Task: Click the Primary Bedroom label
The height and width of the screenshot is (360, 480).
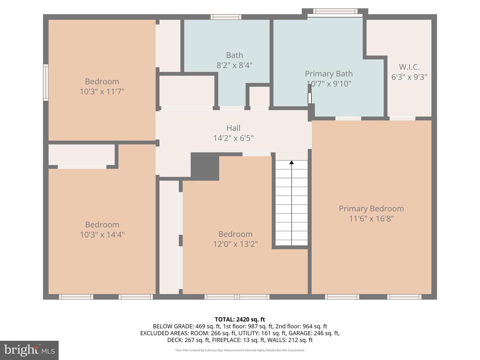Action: (x=371, y=209)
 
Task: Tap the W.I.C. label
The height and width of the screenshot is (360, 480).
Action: (x=409, y=67)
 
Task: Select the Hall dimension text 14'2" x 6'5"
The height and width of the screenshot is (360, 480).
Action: (x=233, y=138)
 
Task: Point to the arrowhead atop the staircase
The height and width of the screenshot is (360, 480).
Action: (x=292, y=162)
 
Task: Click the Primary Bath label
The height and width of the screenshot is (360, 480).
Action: (x=329, y=74)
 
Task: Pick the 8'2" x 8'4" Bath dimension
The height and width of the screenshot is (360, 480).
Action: (x=234, y=65)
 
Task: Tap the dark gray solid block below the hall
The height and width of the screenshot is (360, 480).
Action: (x=205, y=166)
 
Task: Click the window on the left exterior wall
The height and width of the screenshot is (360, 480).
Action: (x=46, y=83)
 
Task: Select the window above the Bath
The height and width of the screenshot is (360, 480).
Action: (x=226, y=17)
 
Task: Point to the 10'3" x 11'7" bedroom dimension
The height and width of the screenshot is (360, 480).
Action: (x=102, y=92)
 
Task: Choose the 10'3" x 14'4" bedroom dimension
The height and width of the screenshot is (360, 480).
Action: (x=102, y=235)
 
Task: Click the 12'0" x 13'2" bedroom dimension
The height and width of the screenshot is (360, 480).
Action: (x=235, y=244)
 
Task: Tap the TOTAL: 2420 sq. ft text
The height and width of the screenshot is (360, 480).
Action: (x=240, y=319)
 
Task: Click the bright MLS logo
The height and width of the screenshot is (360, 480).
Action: (x=29, y=350)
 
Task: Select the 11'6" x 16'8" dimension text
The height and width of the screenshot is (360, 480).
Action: (x=371, y=219)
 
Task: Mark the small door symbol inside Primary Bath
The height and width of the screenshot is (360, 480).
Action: (x=309, y=98)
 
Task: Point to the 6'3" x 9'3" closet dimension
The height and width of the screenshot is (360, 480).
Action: (x=409, y=77)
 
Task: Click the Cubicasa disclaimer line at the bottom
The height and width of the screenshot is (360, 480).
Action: (x=240, y=350)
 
